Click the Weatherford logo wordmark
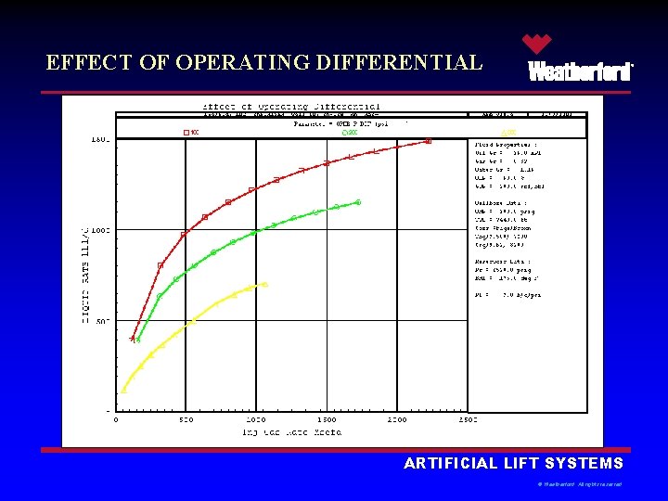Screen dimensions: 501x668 pyautogui.click(x=581, y=72)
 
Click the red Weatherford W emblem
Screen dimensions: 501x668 pyautogui.click(x=536, y=45)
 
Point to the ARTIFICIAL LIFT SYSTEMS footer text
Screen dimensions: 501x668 pyautogui.click(x=514, y=464)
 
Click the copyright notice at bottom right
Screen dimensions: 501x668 pyautogui.click(x=580, y=484)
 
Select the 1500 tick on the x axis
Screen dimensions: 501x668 pyautogui.click(x=326, y=420)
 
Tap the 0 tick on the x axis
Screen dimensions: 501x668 pyautogui.click(x=116, y=420)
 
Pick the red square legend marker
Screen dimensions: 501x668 pyautogui.click(x=186, y=133)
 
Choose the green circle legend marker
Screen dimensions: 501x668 pyautogui.click(x=345, y=133)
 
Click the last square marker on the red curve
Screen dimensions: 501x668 pyautogui.click(x=428, y=141)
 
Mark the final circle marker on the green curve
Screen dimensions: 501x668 pyautogui.click(x=358, y=202)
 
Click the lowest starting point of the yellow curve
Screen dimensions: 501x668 pyautogui.click(x=123, y=391)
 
